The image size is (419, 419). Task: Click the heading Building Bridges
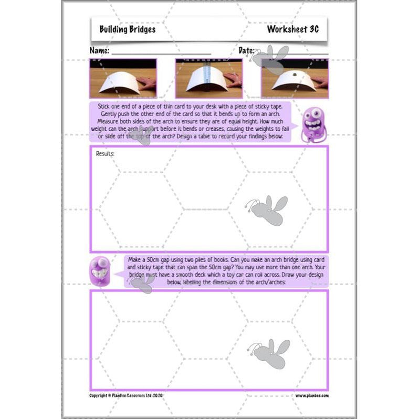tap(128, 29)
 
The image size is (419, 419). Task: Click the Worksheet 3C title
tap(292, 29)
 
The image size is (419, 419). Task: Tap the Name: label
tap(99, 51)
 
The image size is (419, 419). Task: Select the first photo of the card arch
tap(123, 78)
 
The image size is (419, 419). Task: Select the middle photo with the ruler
tap(208, 78)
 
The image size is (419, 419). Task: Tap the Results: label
tap(105, 154)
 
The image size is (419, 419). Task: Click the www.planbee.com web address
tap(311, 395)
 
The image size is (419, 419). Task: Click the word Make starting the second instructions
tap(136, 259)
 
